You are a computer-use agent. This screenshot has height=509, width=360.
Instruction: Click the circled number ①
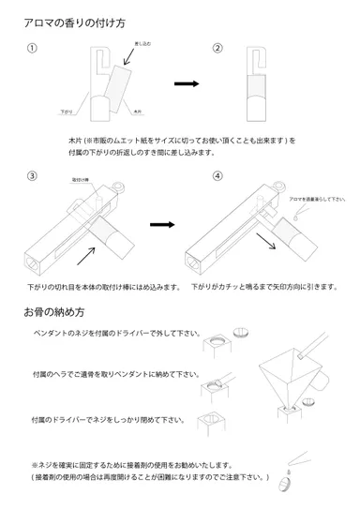[33, 49]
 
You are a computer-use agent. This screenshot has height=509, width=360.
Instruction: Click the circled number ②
[217, 49]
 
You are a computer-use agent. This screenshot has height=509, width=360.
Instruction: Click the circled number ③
[33, 175]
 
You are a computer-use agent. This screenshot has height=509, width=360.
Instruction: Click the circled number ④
[217, 175]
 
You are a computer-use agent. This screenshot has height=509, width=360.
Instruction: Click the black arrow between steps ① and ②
[187, 83]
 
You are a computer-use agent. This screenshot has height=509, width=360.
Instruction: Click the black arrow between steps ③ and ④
[162, 225]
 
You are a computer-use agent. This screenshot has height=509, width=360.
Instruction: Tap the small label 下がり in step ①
[67, 111]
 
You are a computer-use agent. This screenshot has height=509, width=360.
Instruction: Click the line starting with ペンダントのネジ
[117, 333]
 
